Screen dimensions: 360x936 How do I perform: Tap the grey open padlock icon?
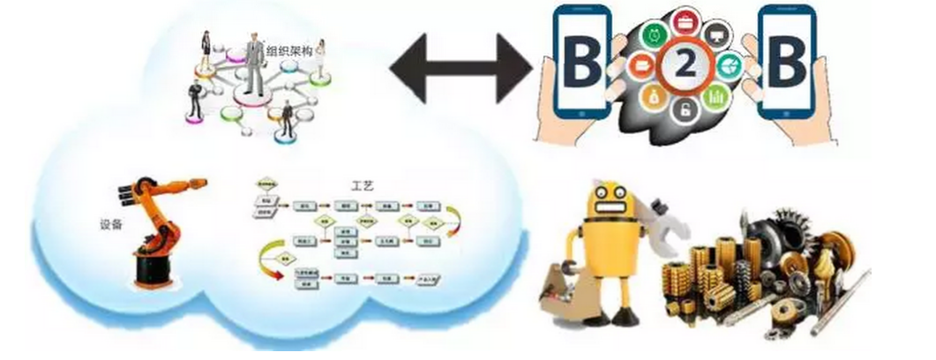683,111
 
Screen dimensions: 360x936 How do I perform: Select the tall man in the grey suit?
254,64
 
